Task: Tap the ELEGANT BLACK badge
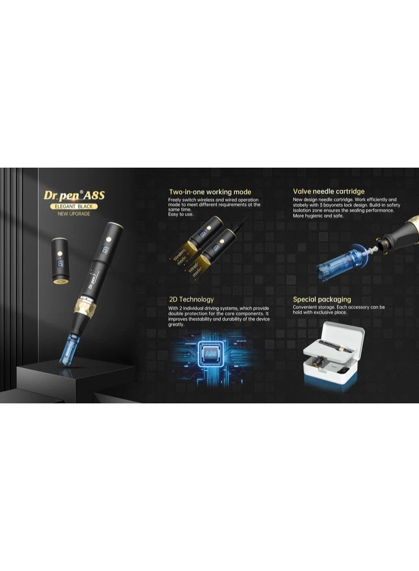tap(74, 206)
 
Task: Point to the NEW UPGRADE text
tap(74, 214)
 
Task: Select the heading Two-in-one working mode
tap(210, 192)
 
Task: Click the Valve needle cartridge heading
tap(328, 191)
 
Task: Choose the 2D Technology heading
tap(191, 299)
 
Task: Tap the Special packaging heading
tap(322, 299)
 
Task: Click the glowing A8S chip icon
tap(211, 354)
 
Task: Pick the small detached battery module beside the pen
tap(61, 260)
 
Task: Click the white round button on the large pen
tap(109, 239)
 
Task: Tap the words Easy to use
tap(181, 214)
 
